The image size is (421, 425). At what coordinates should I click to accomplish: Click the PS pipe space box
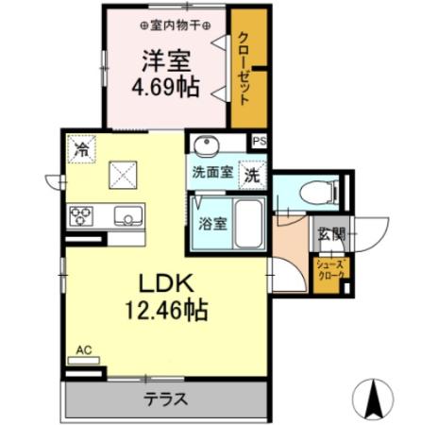pos(261,143)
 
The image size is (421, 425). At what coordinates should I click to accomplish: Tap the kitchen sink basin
pos(126,216)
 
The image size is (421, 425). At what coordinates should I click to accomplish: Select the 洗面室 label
pos(211,174)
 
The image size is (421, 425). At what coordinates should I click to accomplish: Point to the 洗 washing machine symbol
pos(253,174)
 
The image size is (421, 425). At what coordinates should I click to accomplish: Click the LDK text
pos(166,281)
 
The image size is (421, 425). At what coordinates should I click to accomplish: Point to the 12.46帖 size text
pos(166,310)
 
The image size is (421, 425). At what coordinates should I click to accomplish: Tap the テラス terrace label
pos(164,398)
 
